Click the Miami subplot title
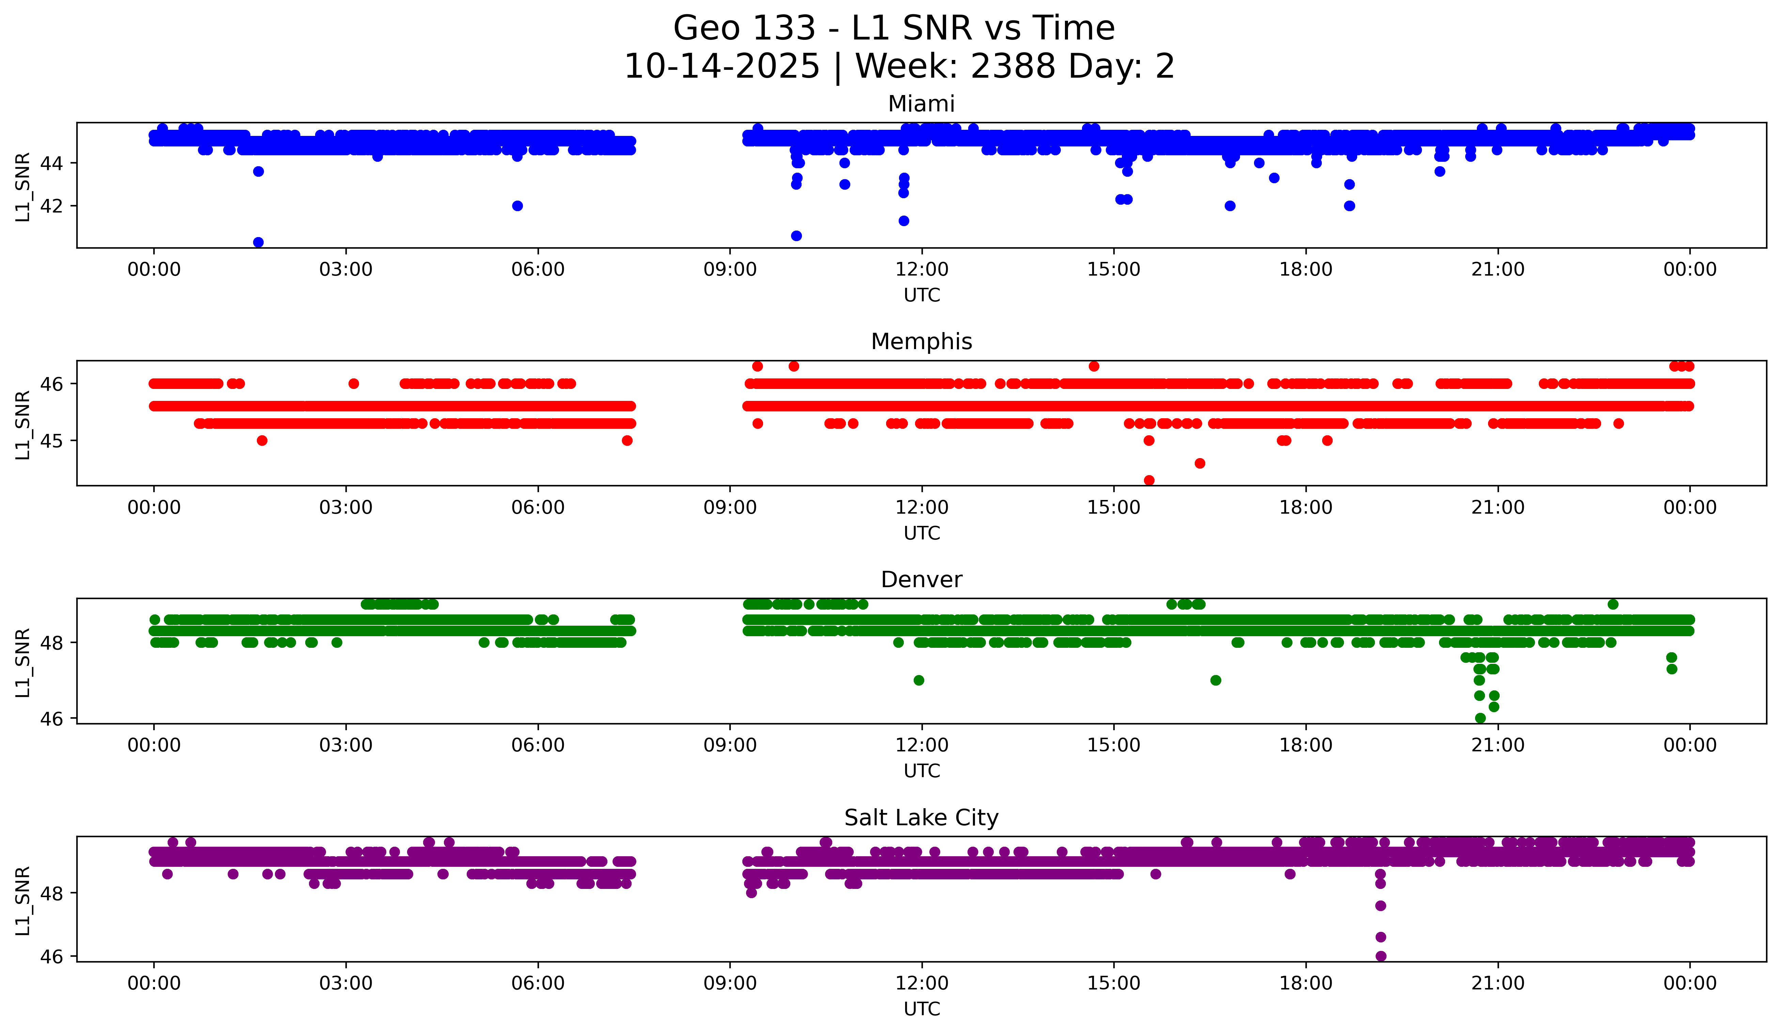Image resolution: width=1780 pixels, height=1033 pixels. click(x=921, y=104)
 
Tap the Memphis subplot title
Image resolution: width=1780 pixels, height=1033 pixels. click(x=921, y=342)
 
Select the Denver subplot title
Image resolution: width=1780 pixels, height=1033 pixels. click(x=921, y=580)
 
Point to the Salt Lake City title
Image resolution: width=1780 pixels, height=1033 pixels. click(x=921, y=818)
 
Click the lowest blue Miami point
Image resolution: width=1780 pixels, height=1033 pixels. click(x=259, y=242)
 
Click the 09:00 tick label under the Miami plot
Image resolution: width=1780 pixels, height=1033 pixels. click(x=730, y=270)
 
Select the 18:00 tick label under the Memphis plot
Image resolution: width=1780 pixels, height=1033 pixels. click(x=1305, y=508)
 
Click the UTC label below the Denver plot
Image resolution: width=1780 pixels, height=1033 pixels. click(x=921, y=771)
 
